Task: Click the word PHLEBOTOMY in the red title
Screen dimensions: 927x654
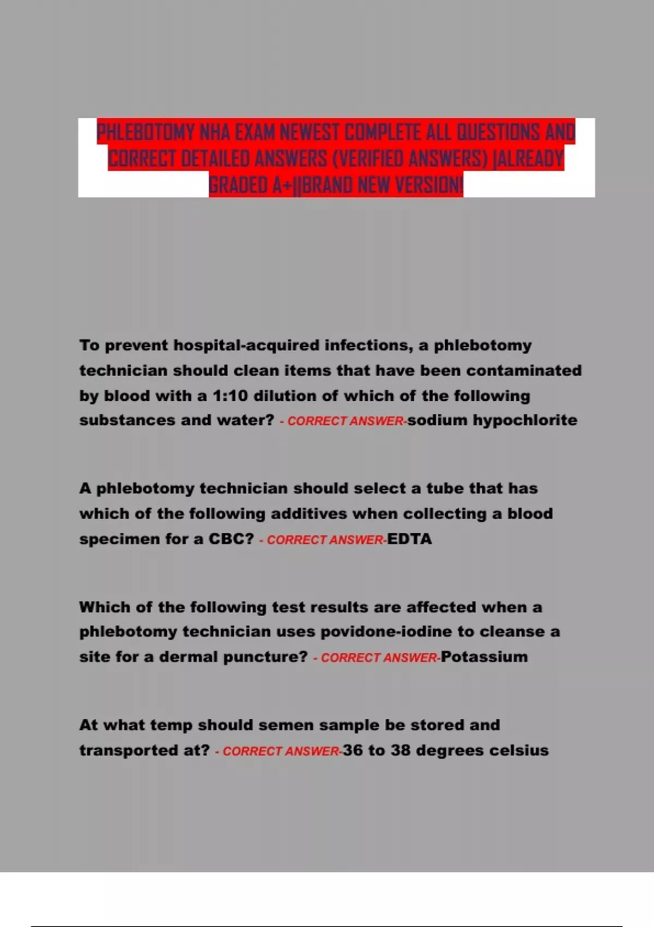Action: click(146, 133)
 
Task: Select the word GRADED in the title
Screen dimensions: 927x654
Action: click(238, 185)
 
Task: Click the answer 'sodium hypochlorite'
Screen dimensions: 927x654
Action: click(492, 420)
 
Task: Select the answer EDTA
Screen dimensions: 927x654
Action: click(409, 539)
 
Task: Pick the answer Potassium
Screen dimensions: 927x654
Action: click(484, 657)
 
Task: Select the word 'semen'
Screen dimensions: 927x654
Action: click(295, 725)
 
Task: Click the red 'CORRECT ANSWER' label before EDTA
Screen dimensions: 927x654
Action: click(325, 540)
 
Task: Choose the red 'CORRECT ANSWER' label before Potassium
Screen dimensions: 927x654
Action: click(379, 658)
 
